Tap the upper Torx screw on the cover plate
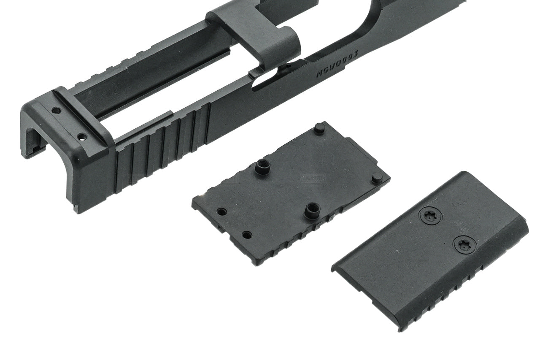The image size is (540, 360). [430, 217]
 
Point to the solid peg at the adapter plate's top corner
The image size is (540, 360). [319, 127]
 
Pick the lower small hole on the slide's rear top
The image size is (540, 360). [82, 137]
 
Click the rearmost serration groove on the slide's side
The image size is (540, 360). [119, 168]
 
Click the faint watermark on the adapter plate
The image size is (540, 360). [313, 178]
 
